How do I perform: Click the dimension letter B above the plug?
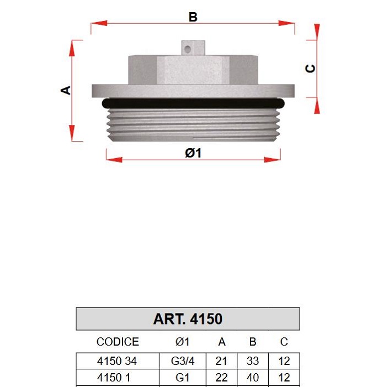[193, 17]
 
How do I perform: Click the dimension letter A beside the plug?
[66, 90]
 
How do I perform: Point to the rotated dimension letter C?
[310, 69]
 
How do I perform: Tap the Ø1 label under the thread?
[193, 153]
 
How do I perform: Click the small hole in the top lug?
[188, 49]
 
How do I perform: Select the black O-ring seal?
[193, 103]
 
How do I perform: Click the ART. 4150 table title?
[188, 319]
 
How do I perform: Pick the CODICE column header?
[118, 342]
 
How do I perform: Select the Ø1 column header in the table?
[183, 342]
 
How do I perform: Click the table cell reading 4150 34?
[117, 361]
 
